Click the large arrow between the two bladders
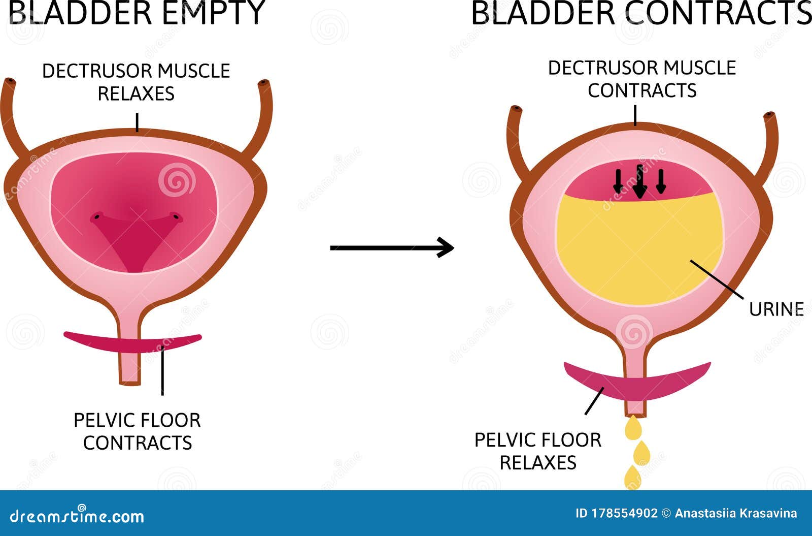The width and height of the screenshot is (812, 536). point(392,248)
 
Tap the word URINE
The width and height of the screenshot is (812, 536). point(776,309)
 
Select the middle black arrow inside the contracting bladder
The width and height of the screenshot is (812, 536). point(639,181)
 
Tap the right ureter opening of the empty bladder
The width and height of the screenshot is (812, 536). point(264,83)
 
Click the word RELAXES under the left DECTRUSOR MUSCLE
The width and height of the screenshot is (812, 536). point(137,93)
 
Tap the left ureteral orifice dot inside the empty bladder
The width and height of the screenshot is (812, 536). point(97,217)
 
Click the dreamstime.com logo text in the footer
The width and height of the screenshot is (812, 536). point(77,516)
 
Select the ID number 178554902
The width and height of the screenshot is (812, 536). point(625,514)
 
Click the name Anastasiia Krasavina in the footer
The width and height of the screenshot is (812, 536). point(736,514)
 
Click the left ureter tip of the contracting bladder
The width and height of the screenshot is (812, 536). point(516,109)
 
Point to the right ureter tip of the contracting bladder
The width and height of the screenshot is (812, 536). point(769,116)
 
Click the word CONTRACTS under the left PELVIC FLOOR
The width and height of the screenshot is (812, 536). point(138,443)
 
